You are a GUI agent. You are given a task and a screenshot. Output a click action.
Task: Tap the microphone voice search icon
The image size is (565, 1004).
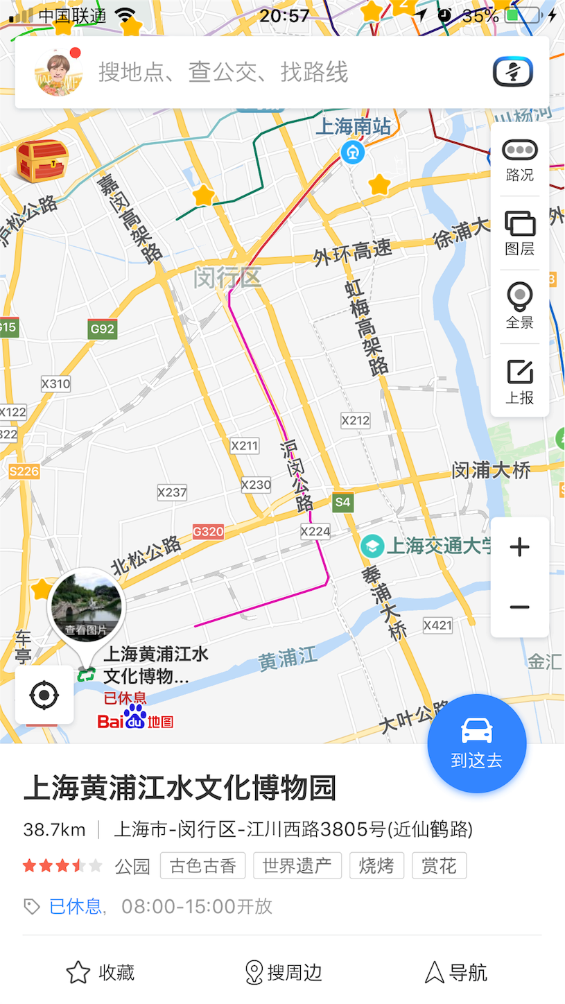(513, 71)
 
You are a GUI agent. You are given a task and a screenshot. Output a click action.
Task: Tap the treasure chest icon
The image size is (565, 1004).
(42, 161)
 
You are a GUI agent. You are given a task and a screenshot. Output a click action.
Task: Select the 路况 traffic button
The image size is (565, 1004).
(520, 159)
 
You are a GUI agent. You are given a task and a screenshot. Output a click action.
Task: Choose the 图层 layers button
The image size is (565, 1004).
(520, 233)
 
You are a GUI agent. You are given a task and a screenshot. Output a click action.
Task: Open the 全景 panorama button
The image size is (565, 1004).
(520, 306)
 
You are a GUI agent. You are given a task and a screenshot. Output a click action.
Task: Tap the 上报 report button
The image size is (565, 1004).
(520, 381)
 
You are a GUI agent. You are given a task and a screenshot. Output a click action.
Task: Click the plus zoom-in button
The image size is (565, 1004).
(520, 548)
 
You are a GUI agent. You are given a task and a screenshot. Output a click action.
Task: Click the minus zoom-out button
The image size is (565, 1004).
(520, 607)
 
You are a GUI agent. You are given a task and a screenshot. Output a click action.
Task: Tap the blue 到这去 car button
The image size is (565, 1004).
(477, 743)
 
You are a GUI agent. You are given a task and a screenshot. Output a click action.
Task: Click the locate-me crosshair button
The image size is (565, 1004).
(44, 695)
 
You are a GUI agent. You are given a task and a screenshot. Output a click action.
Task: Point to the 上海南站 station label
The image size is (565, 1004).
(354, 127)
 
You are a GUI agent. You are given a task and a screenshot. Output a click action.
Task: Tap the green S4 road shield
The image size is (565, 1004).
(342, 502)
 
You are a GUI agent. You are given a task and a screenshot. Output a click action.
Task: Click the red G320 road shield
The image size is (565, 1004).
(208, 532)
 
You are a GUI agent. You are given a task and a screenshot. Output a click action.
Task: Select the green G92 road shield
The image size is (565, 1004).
(102, 329)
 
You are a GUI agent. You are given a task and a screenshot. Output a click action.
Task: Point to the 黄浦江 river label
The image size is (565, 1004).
(287, 659)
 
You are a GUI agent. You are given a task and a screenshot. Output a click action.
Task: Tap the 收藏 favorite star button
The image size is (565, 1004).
(101, 972)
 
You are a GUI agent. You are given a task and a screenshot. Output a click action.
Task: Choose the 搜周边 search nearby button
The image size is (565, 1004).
(284, 972)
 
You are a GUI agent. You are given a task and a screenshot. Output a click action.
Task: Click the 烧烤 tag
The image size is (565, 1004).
(376, 866)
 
